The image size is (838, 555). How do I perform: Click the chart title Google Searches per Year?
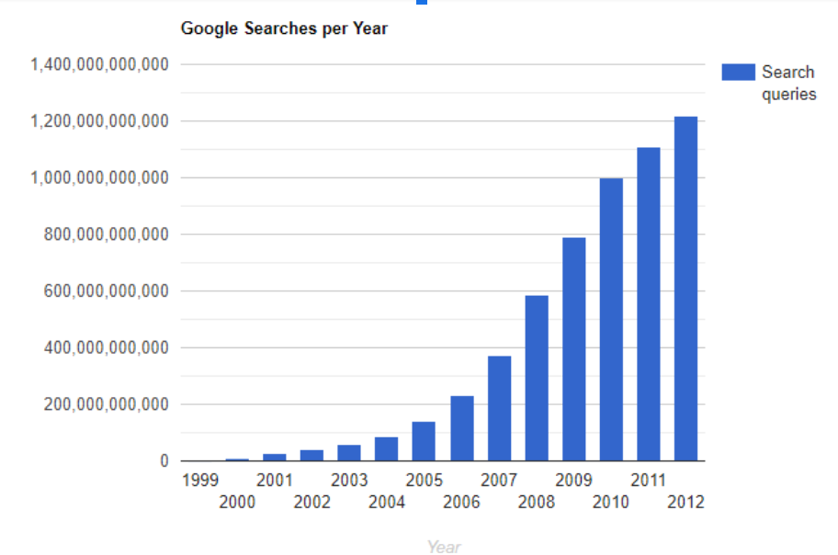284,28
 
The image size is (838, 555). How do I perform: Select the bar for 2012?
685,289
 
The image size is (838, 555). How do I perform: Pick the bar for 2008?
537,378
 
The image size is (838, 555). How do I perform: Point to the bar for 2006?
462,428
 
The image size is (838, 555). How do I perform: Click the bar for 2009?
574,349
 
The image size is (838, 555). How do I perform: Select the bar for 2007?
500,408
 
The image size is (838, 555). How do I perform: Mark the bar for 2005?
424,441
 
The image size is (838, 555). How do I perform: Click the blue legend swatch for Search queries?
738,73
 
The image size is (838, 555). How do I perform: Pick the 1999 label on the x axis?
200,480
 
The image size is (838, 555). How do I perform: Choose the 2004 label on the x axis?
387,502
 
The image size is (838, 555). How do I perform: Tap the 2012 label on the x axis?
685,502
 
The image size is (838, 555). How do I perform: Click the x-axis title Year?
444,547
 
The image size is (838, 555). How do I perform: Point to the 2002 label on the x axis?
312,502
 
